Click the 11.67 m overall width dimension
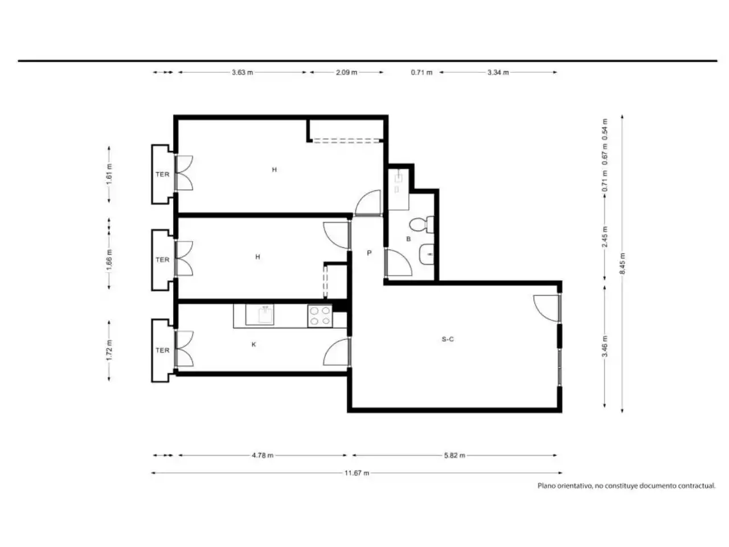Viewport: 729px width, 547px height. [x=357, y=473]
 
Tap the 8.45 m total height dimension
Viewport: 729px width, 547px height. [x=622, y=263]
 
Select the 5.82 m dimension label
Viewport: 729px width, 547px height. [x=454, y=455]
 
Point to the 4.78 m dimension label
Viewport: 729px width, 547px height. [x=263, y=455]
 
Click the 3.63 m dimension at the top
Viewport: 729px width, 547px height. [x=242, y=72]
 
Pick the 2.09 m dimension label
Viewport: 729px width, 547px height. [x=346, y=72]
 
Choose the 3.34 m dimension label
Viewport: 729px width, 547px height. [x=498, y=72]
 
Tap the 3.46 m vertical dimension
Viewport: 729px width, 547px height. [x=604, y=346]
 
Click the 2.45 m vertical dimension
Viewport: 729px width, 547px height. [x=604, y=237]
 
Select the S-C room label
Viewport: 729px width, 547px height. [x=447, y=339]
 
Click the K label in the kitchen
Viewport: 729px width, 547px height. [x=254, y=344]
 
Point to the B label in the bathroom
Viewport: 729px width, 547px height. [x=408, y=239]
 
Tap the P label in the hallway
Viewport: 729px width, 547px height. [x=369, y=253]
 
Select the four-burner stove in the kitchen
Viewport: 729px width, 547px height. [x=320, y=316]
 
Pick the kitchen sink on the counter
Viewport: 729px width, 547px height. [x=260, y=315]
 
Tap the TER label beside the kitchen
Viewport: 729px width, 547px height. [x=162, y=350]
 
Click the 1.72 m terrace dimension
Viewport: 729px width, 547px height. [x=109, y=350]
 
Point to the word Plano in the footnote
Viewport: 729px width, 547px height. [x=547, y=486]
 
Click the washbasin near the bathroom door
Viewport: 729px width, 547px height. [x=427, y=254]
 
